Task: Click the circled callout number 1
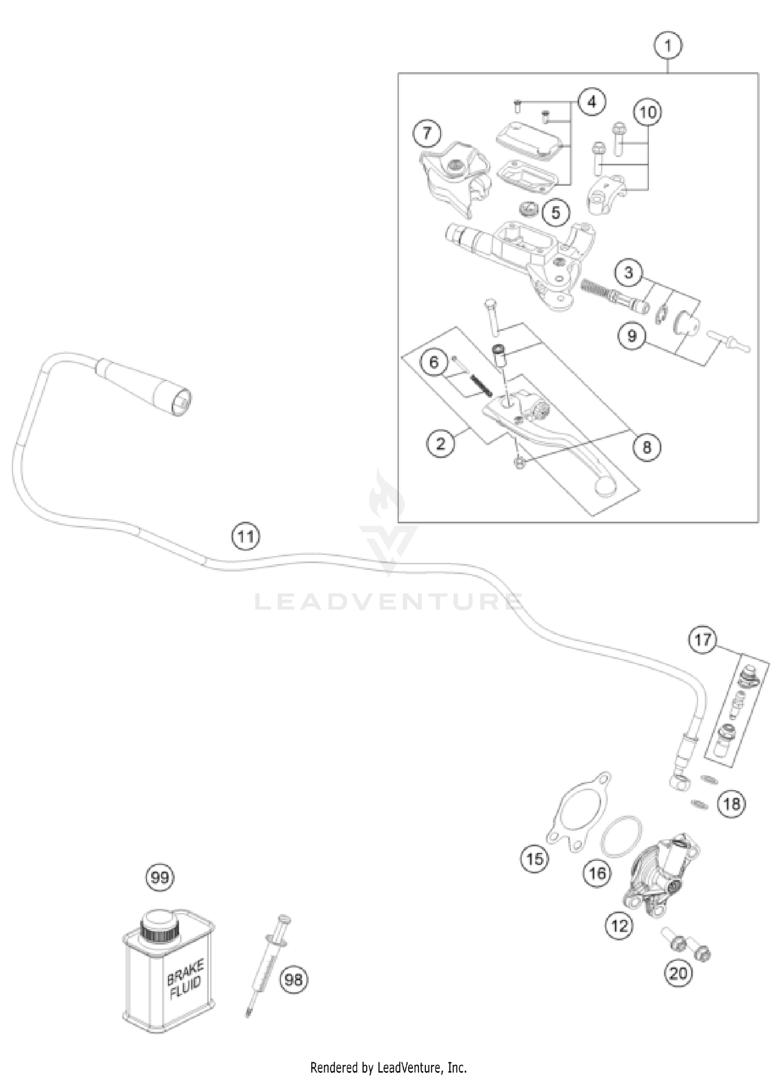[x=668, y=46]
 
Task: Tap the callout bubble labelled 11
[x=246, y=536]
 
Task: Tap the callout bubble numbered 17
[x=703, y=640]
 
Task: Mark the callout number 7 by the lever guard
[x=426, y=134]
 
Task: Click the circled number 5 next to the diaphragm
[x=556, y=212]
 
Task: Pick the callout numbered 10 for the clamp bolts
[x=648, y=112]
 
